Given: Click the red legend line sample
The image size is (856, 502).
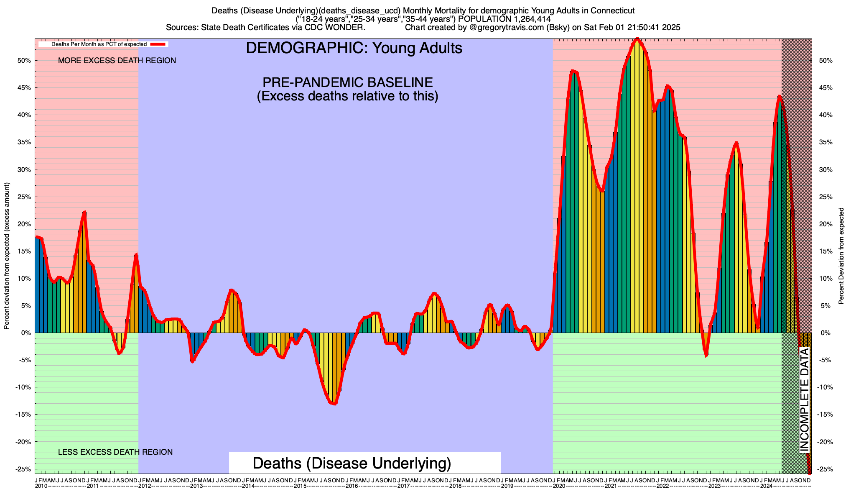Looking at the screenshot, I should [x=159, y=44].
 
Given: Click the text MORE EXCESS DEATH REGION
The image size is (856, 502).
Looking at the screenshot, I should [x=117, y=61].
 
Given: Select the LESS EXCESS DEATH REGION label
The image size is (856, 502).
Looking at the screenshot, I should [x=115, y=452].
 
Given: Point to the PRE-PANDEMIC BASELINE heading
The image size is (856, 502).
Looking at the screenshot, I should [x=347, y=82].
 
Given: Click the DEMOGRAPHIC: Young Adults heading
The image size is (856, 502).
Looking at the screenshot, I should [x=354, y=48].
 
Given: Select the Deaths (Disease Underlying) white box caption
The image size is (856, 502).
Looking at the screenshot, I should [x=352, y=463].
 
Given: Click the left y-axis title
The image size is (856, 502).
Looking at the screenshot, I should [x=7, y=256].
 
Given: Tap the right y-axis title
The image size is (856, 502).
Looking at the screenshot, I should [x=841, y=256].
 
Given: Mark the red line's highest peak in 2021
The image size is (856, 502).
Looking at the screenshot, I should [x=637, y=40].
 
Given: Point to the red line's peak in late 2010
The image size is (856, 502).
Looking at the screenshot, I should [x=84, y=212].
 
